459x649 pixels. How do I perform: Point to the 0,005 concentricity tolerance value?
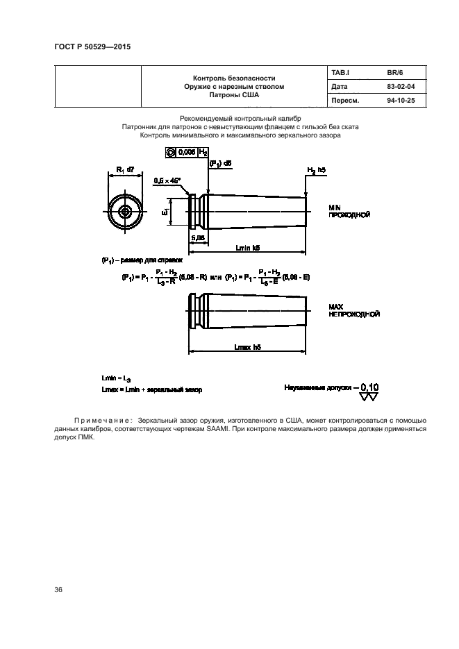coord(186,151)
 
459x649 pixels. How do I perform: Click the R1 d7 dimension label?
coord(125,170)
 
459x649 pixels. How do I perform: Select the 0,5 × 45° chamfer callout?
coord(167,180)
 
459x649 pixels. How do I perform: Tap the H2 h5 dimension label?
coord(317,170)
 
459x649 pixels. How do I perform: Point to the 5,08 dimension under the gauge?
coord(197,237)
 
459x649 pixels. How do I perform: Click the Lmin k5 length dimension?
coord(248,247)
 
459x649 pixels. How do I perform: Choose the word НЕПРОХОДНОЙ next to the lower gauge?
coord(354,314)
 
